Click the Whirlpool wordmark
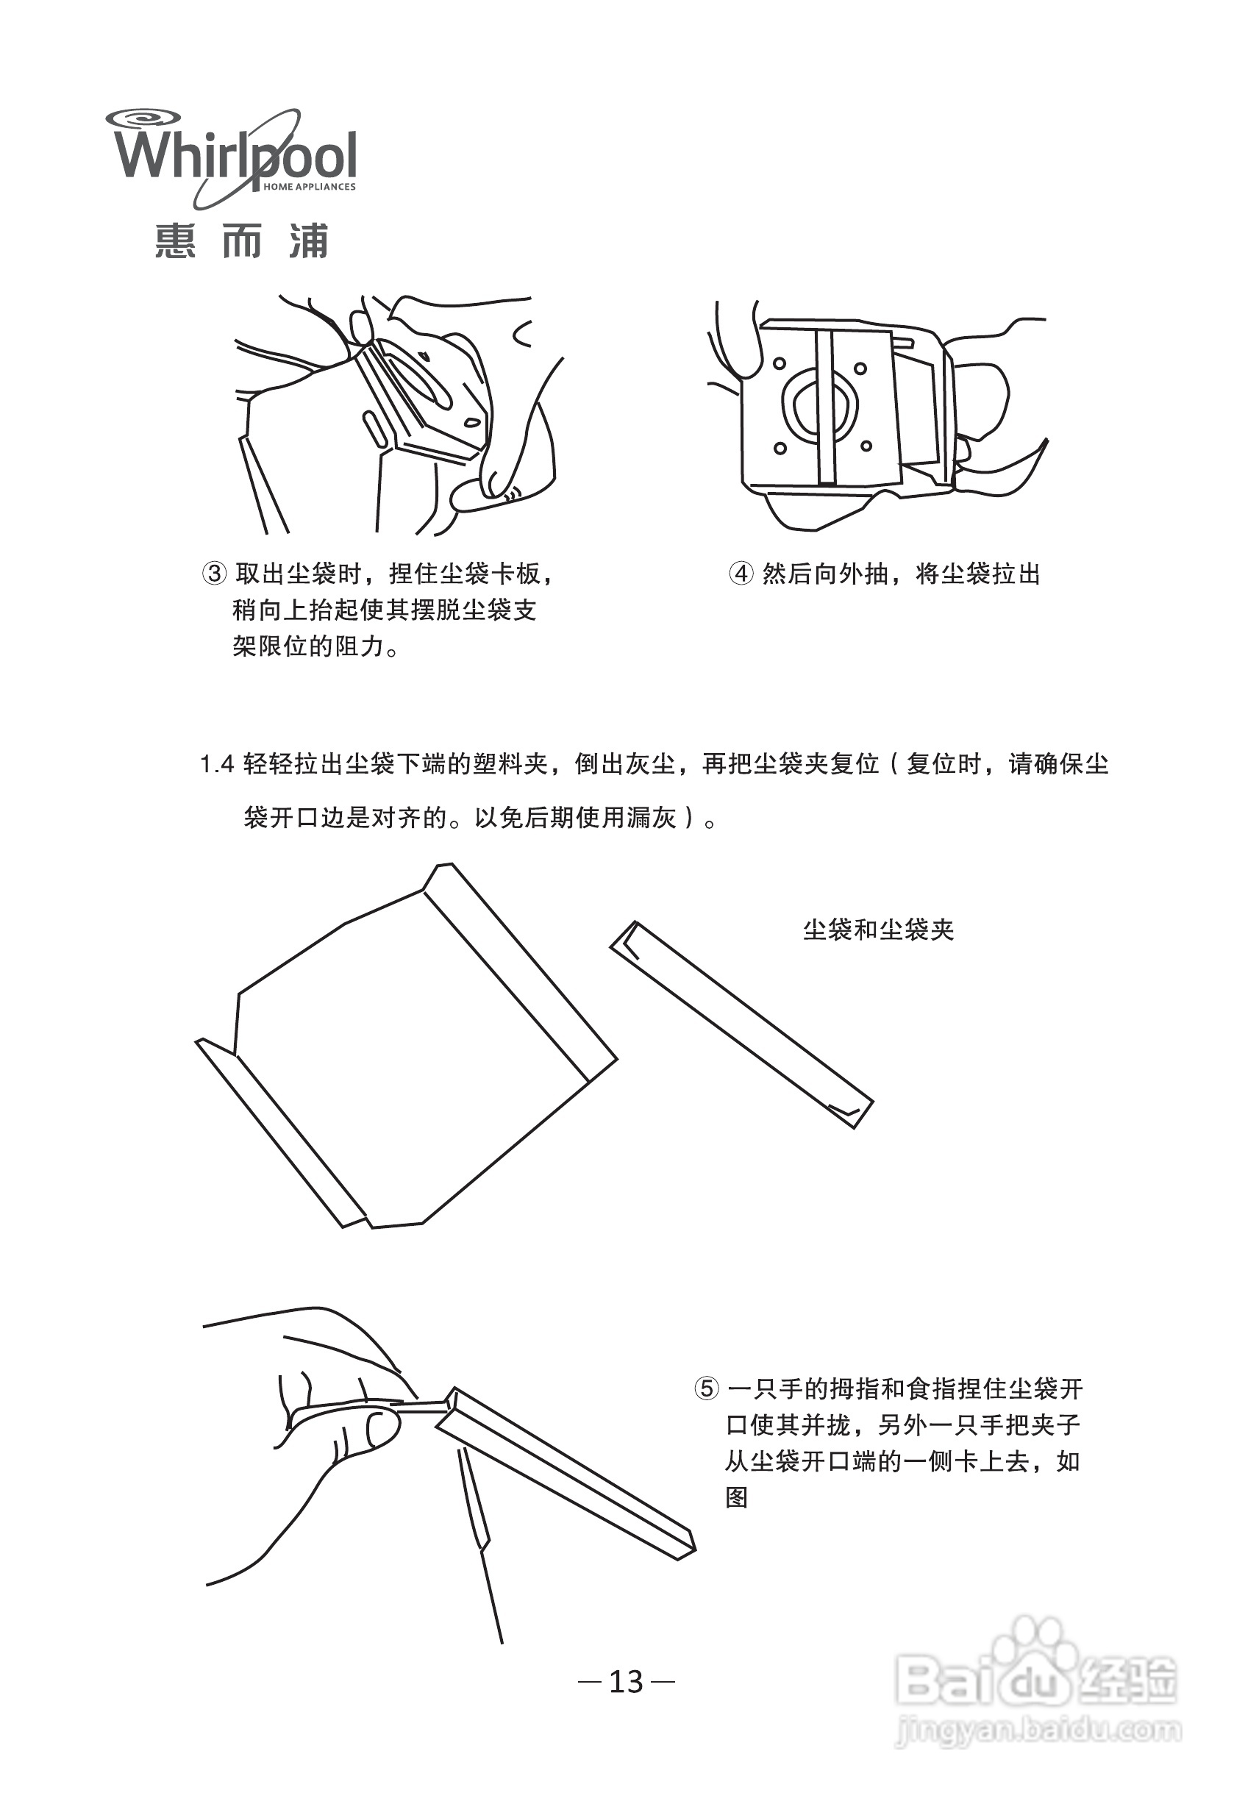235,157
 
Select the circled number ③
214,574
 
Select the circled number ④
741,574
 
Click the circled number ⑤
706,1389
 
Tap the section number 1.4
216,764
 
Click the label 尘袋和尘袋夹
878,930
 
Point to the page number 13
626,1681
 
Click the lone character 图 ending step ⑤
736,1497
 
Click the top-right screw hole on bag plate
860,368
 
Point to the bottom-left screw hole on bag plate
780,449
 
